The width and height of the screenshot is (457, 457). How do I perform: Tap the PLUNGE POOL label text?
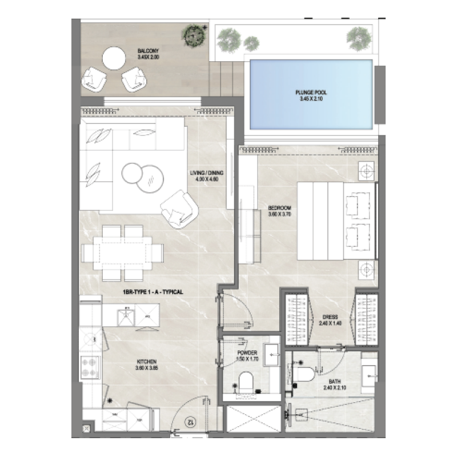tap(311, 93)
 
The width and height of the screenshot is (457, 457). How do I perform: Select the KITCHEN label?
tap(147, 361)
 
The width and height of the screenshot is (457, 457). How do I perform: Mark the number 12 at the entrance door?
tap(189, 423)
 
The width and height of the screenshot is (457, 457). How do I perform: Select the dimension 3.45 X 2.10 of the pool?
tap(311, 99)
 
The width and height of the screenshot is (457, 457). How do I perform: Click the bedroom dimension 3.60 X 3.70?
tap(280, 214)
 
